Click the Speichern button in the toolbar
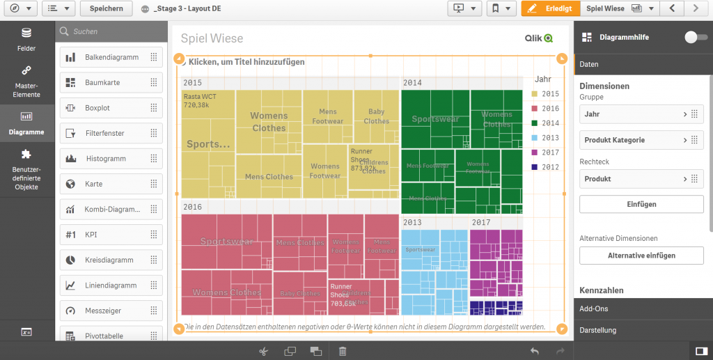click(106, 8)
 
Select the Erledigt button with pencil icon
click(550, 8)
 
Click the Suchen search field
click(111, 31)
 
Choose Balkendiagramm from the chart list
click(111, 57)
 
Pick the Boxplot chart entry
click(111, 108)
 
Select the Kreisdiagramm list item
click(111, 260)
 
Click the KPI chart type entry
click(111, 235)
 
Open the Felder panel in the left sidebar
click(26, 40)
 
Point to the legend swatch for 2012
click(535, 167)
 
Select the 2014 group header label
click(412, 83)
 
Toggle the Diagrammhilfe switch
click(695, 37)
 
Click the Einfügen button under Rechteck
click(641, 204)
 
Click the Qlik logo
click(538, 39)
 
